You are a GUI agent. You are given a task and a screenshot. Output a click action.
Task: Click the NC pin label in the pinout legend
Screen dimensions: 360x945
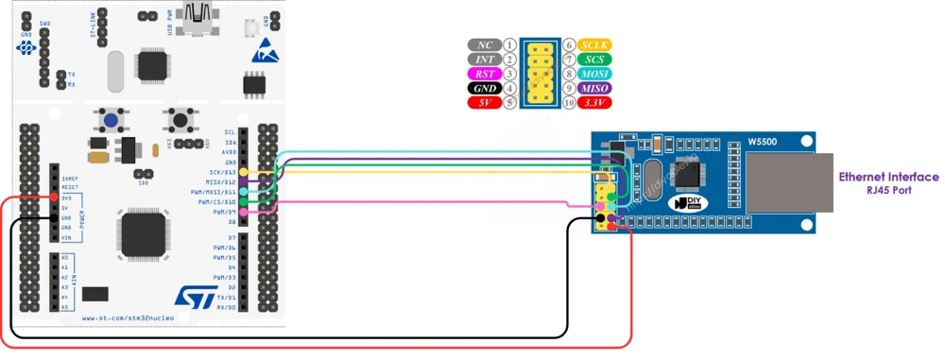click(484, 45)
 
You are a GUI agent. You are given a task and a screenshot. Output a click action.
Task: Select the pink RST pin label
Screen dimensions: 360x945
click(484, 74)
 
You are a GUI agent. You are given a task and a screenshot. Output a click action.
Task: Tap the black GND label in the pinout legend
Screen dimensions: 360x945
click(484, 88)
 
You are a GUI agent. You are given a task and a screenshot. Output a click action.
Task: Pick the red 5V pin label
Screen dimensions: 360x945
click(484, 102)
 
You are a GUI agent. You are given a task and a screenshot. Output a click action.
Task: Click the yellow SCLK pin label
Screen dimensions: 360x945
click(595, 45)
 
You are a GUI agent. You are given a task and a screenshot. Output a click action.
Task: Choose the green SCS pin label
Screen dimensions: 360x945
click(595, 60)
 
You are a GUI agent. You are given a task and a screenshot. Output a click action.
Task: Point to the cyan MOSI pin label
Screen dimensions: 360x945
click(595, 74)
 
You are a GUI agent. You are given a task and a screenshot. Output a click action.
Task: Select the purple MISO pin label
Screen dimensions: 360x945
click(595, 88)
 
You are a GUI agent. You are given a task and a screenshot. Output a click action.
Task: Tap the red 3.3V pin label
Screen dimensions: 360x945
click(595, 102)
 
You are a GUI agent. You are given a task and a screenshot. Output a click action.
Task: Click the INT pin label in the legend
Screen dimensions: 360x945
click(484, 60)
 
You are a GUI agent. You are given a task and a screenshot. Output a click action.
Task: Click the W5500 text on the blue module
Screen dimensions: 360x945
click(764, 142)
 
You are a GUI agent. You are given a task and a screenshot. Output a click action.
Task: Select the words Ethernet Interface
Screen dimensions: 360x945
click(888, 177)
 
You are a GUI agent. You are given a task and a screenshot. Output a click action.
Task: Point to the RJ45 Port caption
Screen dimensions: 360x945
click(888, 189)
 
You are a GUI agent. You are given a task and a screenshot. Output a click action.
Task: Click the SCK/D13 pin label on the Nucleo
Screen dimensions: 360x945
click(223, 173)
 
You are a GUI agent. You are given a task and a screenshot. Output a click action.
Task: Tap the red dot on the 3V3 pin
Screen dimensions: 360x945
click(54, 197)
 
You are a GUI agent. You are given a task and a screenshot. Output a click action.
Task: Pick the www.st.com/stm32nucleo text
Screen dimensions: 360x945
click(123, 318)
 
